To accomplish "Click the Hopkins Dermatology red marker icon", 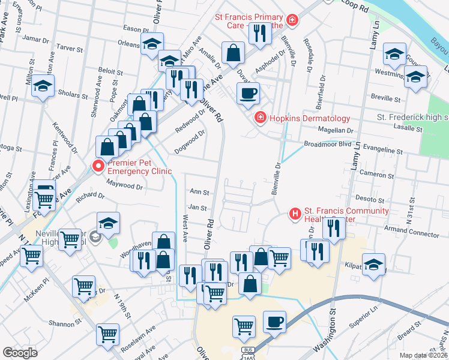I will pyautogui.click(x=260, y=117).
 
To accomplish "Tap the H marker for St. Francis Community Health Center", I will pyautogui.click(x=295, y=213).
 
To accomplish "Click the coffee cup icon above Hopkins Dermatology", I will pyautogui.click(x=247, y=93).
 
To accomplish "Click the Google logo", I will pyautogui.click(x=20, y=353).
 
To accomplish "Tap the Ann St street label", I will pyautogui.click(x=198, y=193).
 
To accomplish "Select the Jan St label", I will pyautogui.click(x=197, y=208).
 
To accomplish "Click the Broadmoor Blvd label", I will pyautogui.click(x=327, y=145).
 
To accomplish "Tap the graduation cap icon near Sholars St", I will pyautogui.click(x=43, y=86).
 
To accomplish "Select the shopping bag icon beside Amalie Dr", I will pyautogui.click(x=232, y=53).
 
